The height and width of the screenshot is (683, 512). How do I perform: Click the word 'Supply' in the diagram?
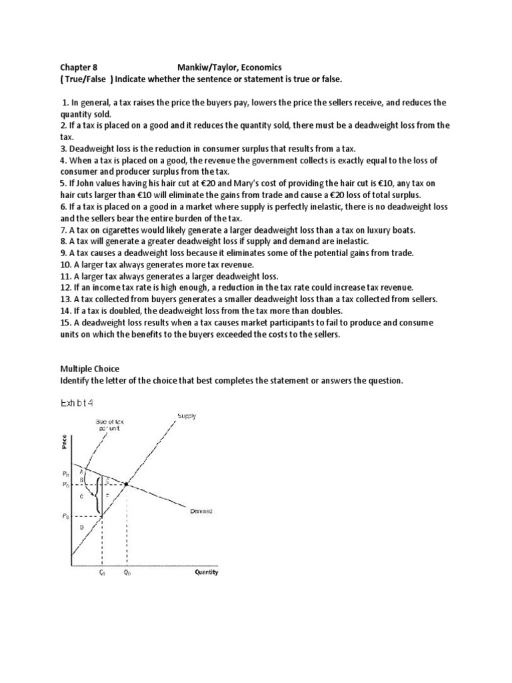click(x=187, y=417)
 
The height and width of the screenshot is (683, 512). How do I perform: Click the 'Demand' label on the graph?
click(x=200, y=512)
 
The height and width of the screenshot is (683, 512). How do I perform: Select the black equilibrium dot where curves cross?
click(x=127, y=483)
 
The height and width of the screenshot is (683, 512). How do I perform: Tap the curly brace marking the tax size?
click(x=99, y=494)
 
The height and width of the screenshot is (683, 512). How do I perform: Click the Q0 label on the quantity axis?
click(x=127, y=573)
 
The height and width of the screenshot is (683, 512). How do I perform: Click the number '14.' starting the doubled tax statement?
click(x=66, y=311)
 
